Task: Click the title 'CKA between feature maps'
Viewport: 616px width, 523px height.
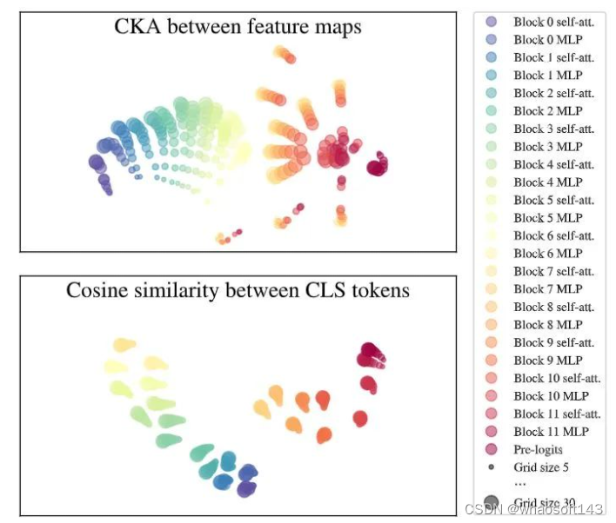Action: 238,27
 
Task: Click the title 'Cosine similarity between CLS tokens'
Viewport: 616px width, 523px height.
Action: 238,290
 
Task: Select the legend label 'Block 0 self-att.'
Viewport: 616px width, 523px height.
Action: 553,22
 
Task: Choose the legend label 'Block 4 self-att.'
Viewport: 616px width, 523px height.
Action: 553,164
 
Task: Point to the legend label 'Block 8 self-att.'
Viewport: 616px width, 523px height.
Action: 553,307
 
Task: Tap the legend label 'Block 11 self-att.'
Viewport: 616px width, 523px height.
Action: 557,414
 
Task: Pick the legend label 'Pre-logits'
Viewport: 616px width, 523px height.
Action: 538,449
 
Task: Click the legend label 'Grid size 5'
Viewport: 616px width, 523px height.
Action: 541,467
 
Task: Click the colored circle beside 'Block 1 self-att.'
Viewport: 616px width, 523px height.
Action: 492,57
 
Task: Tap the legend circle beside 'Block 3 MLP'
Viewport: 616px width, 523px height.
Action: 492,147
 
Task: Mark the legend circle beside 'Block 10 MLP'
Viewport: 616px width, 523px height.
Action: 492,396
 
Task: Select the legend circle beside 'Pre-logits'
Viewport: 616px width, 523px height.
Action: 492,449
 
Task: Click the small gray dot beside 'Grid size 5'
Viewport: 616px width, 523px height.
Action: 492,467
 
